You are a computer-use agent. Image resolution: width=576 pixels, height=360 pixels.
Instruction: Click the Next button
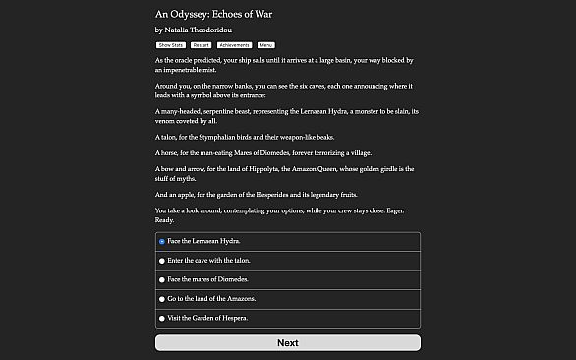click(287, 342)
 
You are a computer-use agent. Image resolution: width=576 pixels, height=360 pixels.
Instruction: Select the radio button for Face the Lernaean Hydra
click(161, 241)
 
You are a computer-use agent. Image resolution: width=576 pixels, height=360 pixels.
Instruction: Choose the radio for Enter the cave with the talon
click(161, 261)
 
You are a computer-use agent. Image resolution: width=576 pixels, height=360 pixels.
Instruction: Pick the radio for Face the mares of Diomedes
click(161, 279)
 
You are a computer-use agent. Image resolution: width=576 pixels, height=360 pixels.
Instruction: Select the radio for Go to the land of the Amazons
click(161, 299)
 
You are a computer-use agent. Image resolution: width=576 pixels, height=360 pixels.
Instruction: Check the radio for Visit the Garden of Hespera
click(161, 319)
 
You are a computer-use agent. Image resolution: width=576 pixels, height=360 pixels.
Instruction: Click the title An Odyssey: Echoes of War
click(212, 14)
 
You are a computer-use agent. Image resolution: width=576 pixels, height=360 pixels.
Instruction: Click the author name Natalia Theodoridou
click(204, 30)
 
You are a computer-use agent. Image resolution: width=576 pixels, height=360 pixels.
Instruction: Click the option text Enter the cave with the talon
click(208, 261)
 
